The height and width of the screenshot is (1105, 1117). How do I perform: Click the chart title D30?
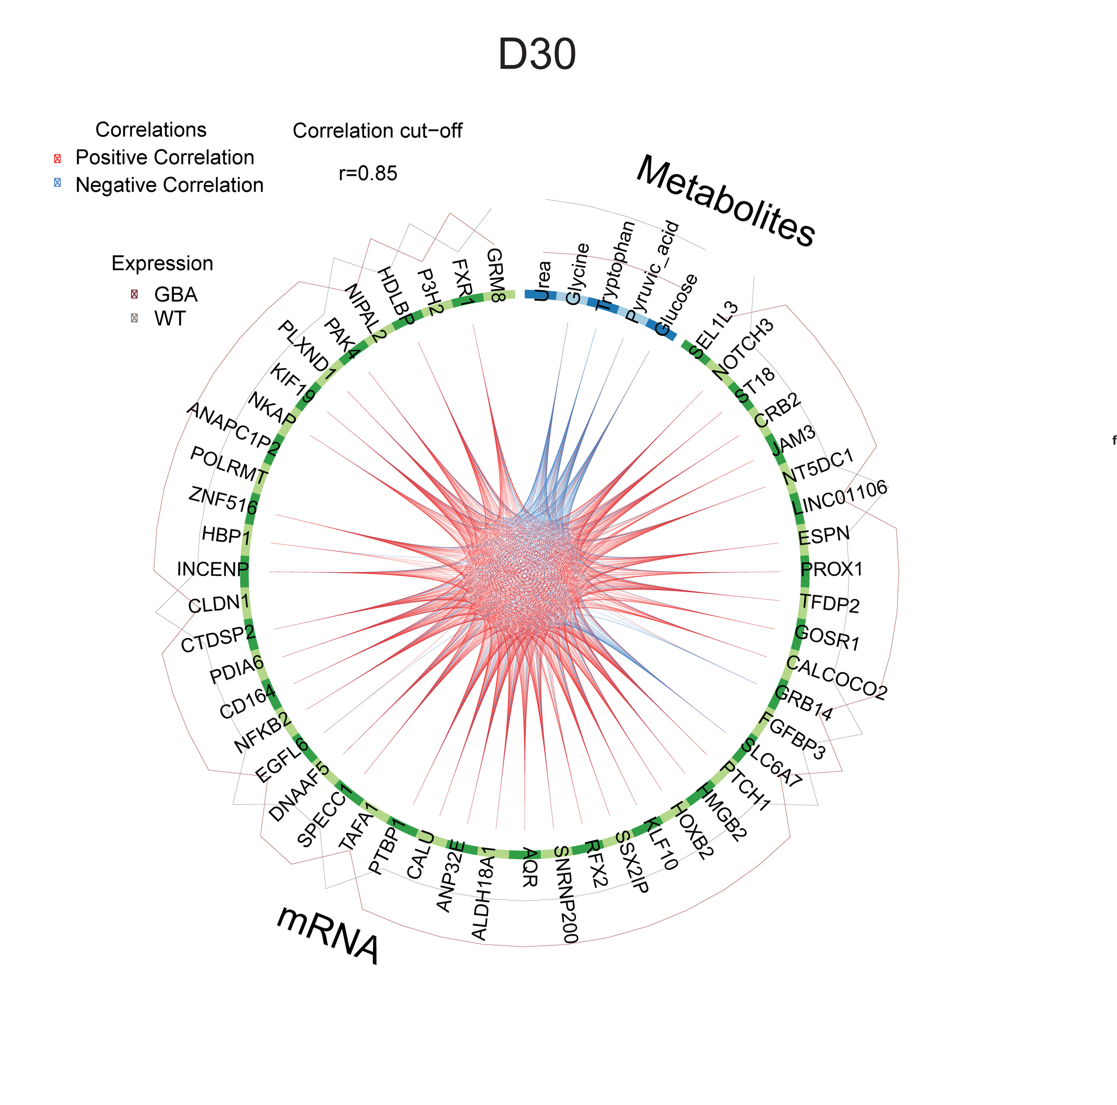537,55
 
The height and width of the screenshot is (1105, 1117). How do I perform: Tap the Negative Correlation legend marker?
57,183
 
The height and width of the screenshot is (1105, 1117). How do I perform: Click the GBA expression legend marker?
134,294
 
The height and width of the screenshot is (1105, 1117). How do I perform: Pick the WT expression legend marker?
134,318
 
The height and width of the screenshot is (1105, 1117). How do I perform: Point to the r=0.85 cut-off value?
368,173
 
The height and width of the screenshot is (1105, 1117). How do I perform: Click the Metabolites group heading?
725,201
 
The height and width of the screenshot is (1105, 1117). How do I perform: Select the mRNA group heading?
328,935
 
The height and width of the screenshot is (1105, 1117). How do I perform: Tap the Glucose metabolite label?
676,305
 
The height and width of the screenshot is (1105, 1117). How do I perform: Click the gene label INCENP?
212,569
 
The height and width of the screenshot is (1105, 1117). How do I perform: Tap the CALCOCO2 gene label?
836,678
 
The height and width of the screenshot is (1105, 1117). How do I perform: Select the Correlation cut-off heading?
377,130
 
